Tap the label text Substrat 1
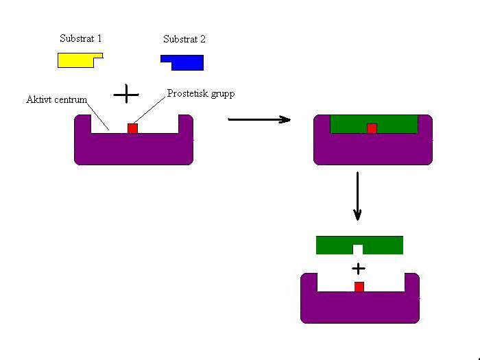80,39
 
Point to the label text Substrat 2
184,40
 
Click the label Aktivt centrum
56,100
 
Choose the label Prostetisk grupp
200,93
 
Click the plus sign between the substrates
125,93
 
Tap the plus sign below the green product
358,268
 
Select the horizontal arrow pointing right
259,119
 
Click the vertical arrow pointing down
357,195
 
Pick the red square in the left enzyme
132,128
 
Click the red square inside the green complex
372,128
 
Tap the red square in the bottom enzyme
359,287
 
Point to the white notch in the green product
358,249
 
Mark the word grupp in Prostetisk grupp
221,93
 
